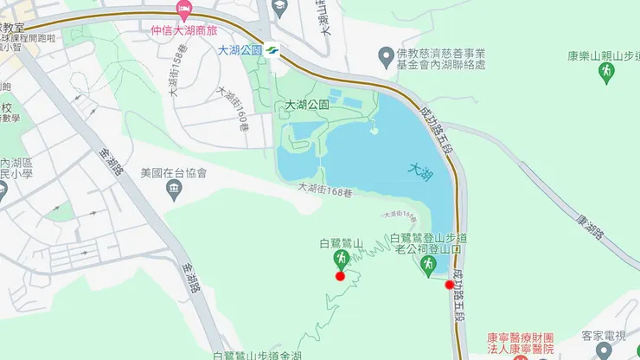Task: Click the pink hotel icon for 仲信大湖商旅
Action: pos(183,10)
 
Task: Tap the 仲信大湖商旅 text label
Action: pos(183,31)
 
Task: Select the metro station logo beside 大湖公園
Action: pos(272,49)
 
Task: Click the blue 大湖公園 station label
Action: pos(240,49)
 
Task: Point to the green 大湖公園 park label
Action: pos(307,106)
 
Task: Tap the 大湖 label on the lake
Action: pos(420,170)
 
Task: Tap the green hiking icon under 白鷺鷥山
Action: pos(341,259)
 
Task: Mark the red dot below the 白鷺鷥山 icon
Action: pos(340,276)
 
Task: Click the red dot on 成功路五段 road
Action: pos(449,285)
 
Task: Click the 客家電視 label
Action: pos(603,336)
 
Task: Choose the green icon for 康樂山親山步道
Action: pos(606,70)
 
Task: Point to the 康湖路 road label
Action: pos(594,229)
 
